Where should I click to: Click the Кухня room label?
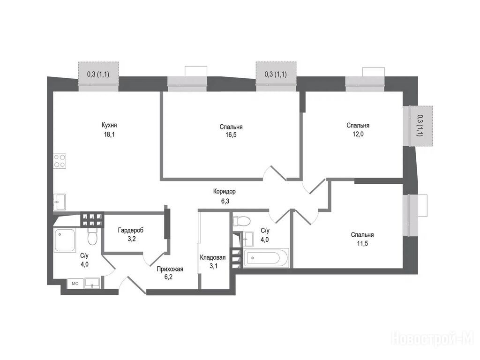click(x=109, y=125)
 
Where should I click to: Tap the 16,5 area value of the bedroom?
click(x=231, y=135)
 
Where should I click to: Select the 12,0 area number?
click(x=358, y=134)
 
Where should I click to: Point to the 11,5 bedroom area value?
click(x=362, y=244)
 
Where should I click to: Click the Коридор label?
click(x=225, y=192)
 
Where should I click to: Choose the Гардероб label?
click(x=131, y=230)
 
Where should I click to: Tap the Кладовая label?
click(x=213, y=257)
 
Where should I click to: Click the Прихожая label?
click(x=170, y=269)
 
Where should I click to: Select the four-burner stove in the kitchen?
click(x=60, y=161)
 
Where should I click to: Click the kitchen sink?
click(x=60, y=202)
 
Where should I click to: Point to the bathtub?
click(x=266, y=258)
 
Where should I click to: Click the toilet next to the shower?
click(x=92, y=236)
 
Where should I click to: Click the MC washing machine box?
click(x=75, y=284)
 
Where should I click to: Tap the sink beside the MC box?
click(x=92, y=283)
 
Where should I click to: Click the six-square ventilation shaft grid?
click(x=91, y=219)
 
